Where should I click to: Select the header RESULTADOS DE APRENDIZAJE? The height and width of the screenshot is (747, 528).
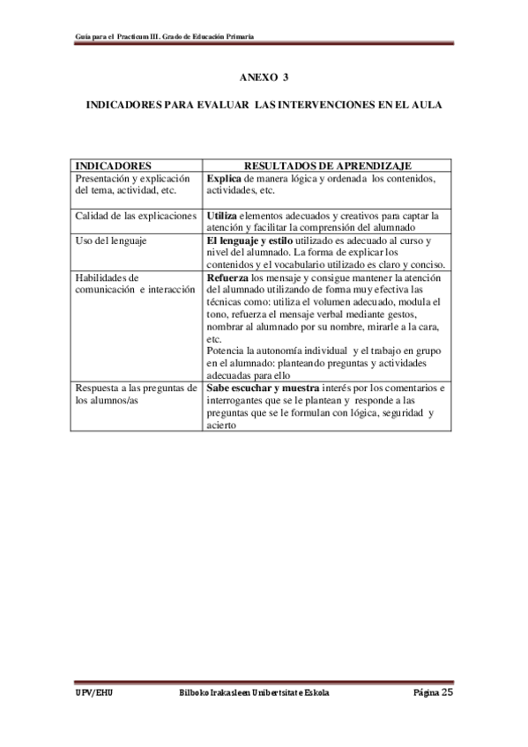click(x=328, y=165)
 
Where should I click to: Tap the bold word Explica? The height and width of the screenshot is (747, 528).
click(x=224, y=178)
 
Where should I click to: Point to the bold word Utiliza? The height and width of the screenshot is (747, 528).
click(x=221, y=215)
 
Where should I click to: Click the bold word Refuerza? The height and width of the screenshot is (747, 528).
click(x=227, y=277)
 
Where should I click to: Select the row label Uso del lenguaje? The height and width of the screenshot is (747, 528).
click(x=111, y=240)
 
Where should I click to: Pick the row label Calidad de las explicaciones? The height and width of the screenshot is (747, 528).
click(x=136, y=215)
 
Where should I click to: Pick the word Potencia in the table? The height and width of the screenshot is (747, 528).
click(x=226, y=351)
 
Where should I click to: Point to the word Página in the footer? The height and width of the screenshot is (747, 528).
click(x=426, y=692)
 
